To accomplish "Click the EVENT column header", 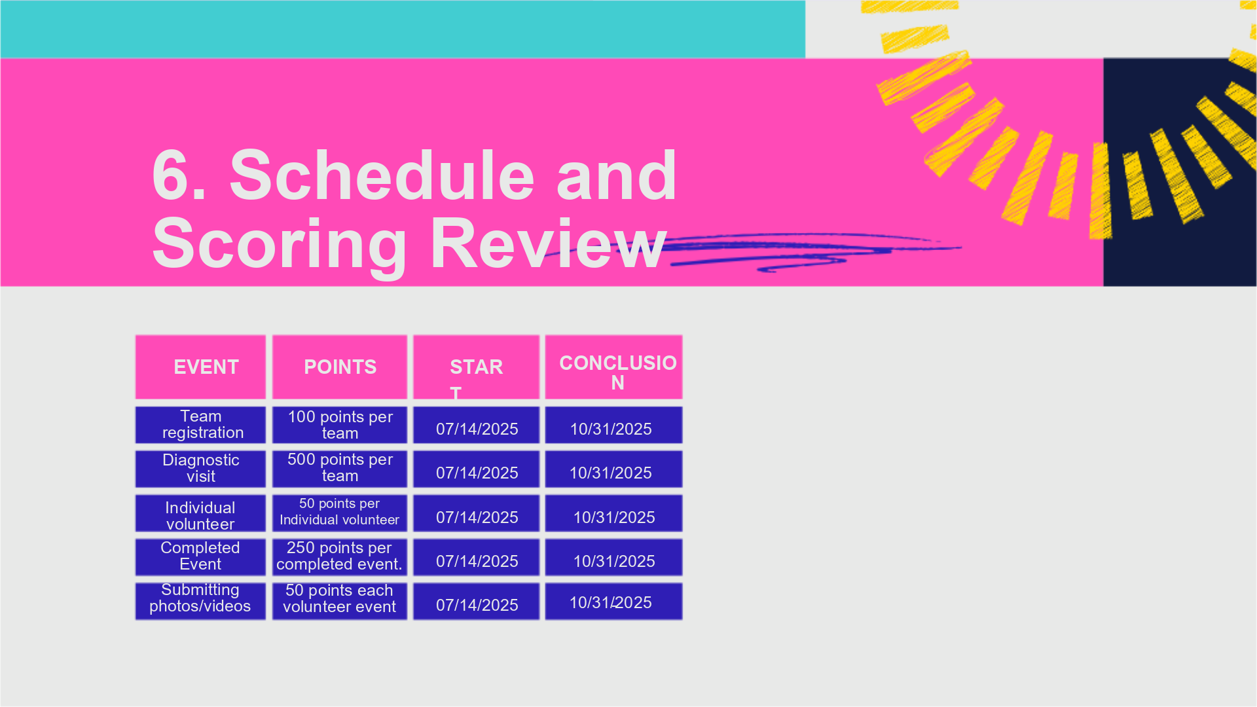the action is click(x=200, y=367).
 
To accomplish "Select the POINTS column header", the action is click(x=340, y=367).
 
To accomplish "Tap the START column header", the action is click(x=476, y=367).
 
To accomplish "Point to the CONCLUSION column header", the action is click(x=613, y=367).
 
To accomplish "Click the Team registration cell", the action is click(x=200, y=425).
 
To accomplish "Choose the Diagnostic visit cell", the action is click(x=200, y=469).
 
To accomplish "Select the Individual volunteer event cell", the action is click(x=200, y=513).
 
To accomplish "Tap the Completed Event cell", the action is click(x=200, y=557).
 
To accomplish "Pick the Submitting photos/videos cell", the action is click(x=200, y=601).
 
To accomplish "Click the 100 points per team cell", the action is click(x=340, y=425).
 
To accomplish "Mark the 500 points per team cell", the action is click(x=340, y=469).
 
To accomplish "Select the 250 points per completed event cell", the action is click(x=340, y=557).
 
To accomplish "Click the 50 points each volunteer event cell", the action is click(x=340, y=601).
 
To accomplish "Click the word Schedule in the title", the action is click(x=382, y=175).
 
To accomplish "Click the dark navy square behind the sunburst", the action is click(x=1180, y=172).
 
